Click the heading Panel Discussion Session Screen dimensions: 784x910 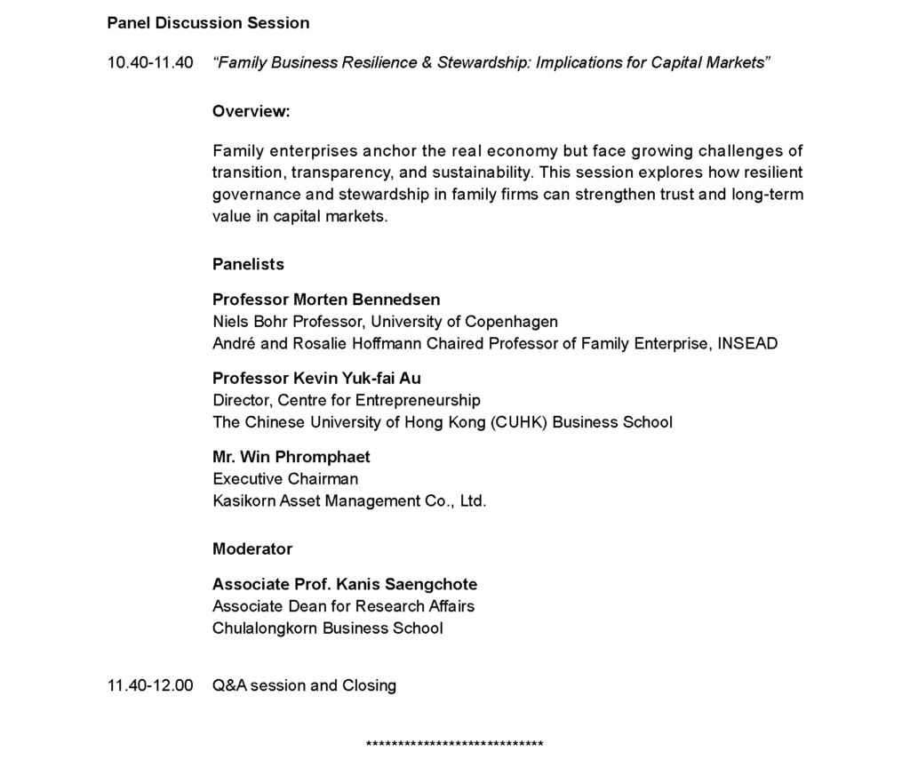pos(208,23)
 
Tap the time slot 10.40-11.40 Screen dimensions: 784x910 pos(150,63)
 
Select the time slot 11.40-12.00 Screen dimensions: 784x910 pos(150,685)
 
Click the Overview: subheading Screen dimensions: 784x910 pos(251,112)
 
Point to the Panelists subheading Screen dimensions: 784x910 pos(248,264)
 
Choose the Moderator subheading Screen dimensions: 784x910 pos(252,548)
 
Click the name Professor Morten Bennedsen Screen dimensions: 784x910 pos(326,300)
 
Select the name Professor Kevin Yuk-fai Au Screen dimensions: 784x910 pos(316,379)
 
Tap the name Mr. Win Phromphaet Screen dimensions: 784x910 pos(291,457)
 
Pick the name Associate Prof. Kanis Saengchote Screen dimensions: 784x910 pos(345,584)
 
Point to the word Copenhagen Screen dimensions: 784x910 pos(512,322)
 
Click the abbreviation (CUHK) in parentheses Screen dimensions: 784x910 pos(519,422)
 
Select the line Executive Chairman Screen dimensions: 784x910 pos(285,479)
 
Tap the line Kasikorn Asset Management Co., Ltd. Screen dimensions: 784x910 pos(349,501)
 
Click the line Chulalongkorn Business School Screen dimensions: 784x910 pos(327,628)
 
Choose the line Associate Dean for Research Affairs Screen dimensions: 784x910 pos(343,606)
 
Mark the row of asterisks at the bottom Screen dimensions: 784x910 pos(454,745)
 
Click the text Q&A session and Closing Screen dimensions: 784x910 pos(304,685)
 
